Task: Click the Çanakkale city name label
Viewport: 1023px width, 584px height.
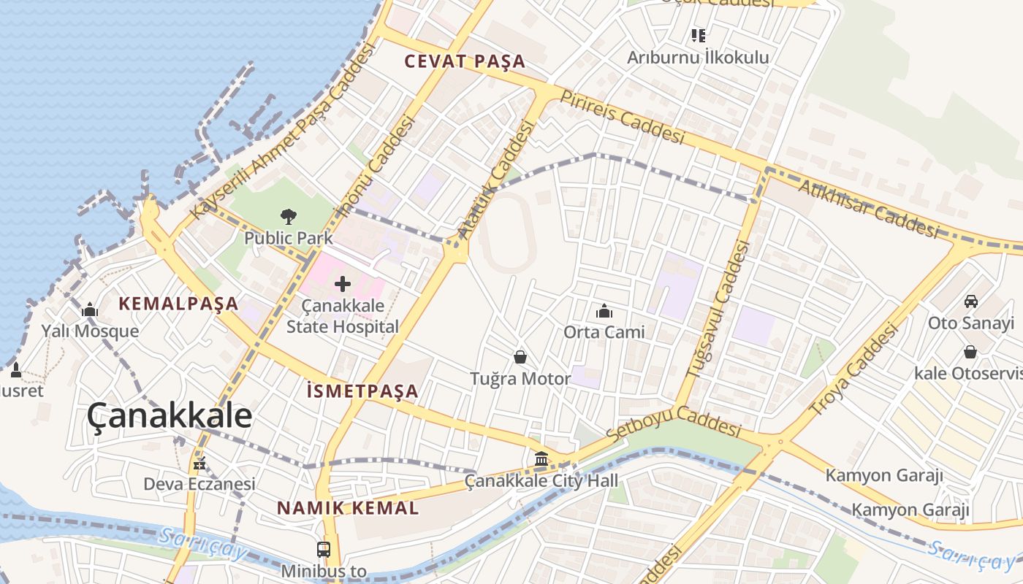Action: pos(170,416)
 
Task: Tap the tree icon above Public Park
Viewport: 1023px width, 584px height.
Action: pos(289,216)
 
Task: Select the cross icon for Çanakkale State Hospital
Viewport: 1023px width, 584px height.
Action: pos(342,284)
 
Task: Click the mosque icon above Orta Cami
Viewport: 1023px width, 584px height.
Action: pos(604,311)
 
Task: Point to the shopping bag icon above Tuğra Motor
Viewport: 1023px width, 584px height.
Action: pos(520,357)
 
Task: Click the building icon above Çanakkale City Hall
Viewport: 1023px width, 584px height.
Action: pos(541,459)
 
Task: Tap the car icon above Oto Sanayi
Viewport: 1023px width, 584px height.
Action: pos(971,301)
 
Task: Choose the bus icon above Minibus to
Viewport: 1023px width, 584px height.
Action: pos(323,549)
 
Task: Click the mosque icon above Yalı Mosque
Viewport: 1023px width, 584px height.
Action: pos(90,310)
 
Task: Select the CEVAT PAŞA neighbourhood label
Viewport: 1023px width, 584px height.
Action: pos(465,61)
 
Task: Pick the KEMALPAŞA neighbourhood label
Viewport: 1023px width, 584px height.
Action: pos(179,304)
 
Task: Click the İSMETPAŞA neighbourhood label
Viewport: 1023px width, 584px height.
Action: pos(362,391)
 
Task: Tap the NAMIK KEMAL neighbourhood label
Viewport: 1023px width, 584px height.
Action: pos(348,508)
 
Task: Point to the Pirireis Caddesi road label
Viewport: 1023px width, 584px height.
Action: pos(623,117)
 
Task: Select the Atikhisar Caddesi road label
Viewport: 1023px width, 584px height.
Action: pos(868,209)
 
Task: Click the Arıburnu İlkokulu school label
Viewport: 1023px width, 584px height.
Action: pos(698,57)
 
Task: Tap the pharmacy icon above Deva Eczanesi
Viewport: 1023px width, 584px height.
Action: pos(199,464)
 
